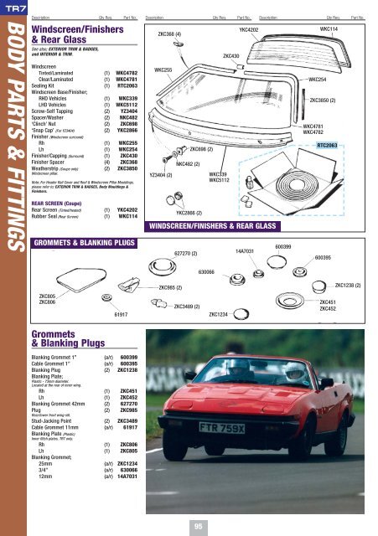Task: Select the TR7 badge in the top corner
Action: [x=10, y=8]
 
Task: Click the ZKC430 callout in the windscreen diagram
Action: [x=232, y=56]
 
